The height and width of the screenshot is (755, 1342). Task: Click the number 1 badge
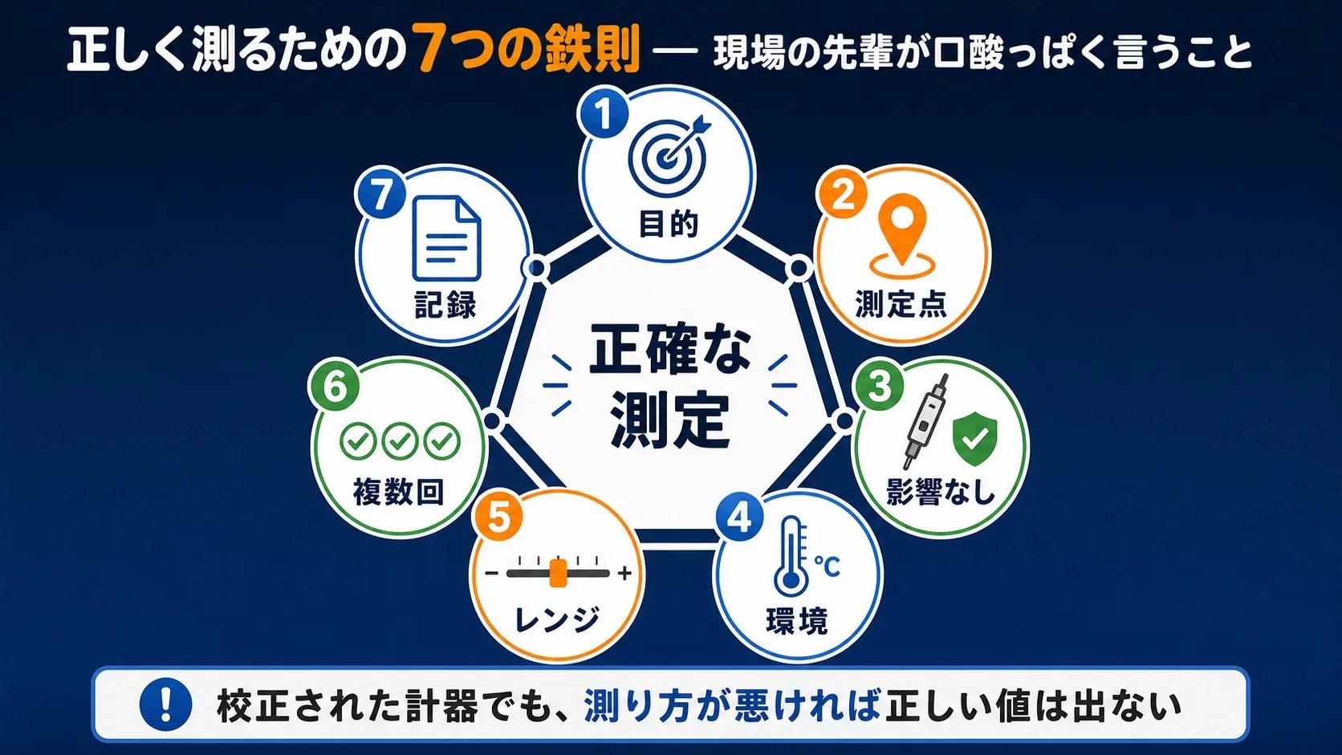[604, 113]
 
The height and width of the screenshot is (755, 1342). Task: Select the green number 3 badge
[879, 386]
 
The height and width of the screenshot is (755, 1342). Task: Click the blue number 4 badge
[739, 518]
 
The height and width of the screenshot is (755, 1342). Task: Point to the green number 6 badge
[335, 386]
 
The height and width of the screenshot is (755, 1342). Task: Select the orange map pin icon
[902, 237]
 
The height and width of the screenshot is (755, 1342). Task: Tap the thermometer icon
[792, 556]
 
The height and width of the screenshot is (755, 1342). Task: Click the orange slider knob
[558, 573]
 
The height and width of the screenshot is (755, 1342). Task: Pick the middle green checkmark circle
[400, 442]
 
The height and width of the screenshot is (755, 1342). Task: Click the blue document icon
[447, 238]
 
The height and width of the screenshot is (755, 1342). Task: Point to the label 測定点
[901, 304]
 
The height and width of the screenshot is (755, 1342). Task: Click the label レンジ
[557, 619]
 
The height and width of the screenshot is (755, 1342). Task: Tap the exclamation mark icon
[165, 704]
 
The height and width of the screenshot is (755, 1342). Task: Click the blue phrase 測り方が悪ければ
[732, 706]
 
